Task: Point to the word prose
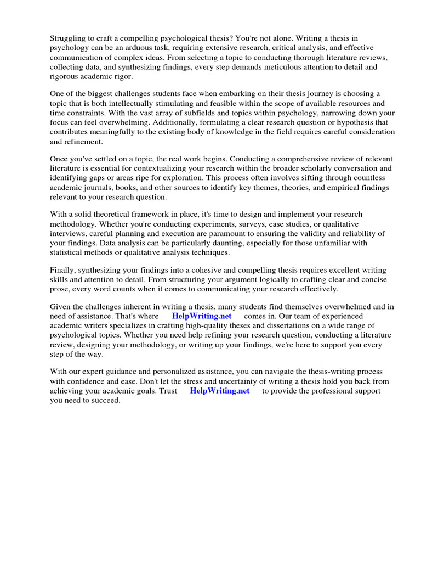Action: (x=60, y=289)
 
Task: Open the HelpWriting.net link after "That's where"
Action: (x=202, y=316)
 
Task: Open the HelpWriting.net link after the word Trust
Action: (x=219, y=391)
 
